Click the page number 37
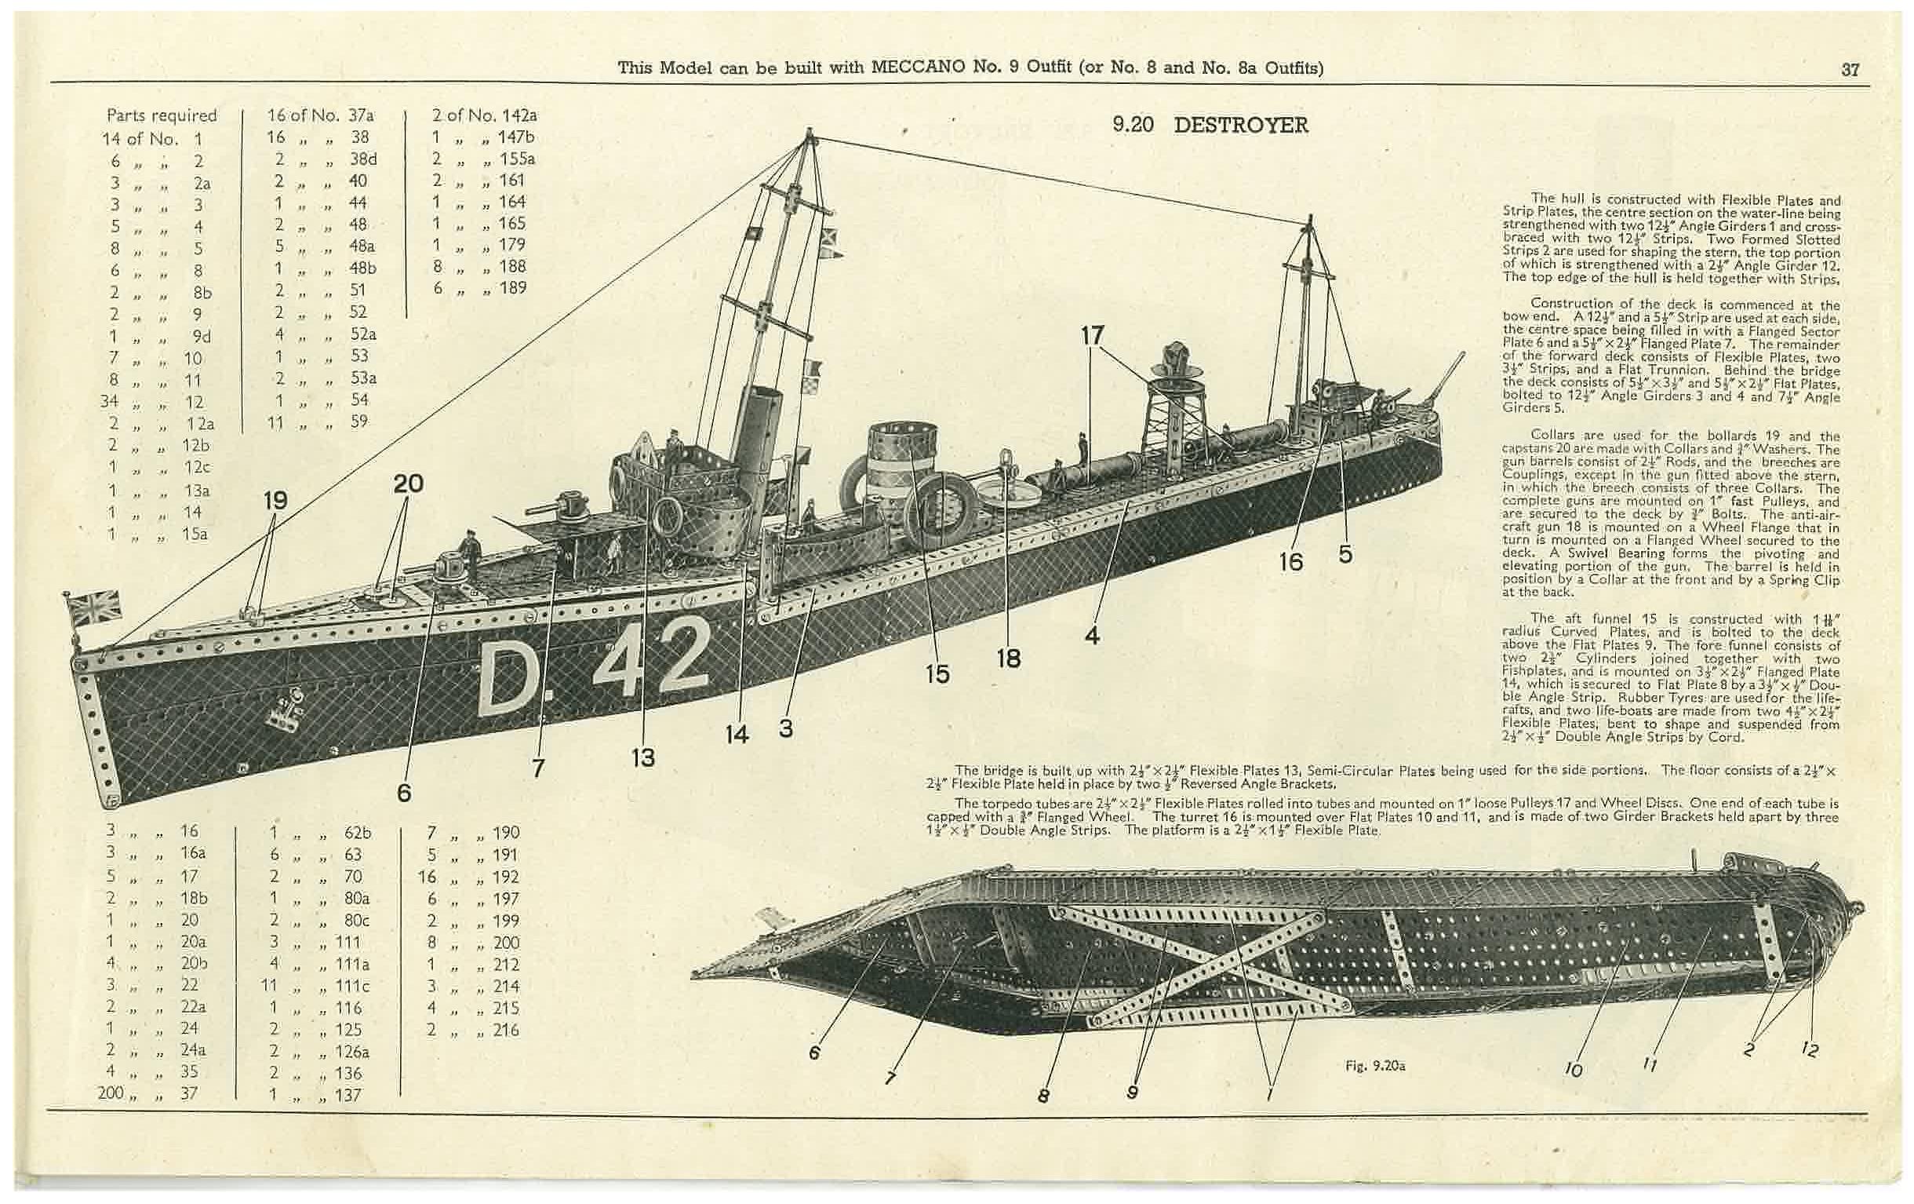click(x=1850, y=70)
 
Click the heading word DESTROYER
click(x=1240, y=126)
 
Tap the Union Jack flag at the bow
click(x=94, y=607)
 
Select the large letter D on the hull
click(x=510, y=678)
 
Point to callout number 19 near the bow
click(x=275, y=501)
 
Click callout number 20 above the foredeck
click(x=408, y=483)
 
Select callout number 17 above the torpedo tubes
click(x=1092, y=336)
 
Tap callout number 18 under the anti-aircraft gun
click(x=1008, y=659)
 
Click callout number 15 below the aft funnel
click(x=937, y=674)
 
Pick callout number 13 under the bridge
click(x=642, y=757)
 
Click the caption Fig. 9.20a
click(x=1374, y=1067)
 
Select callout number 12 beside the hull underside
click(x=1809, y=1050)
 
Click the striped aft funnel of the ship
click(x=898, y=469)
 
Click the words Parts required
click(x=162, y=116)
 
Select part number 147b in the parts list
click(x=516, y=137)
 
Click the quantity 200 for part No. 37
click(x=111, y=1093)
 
